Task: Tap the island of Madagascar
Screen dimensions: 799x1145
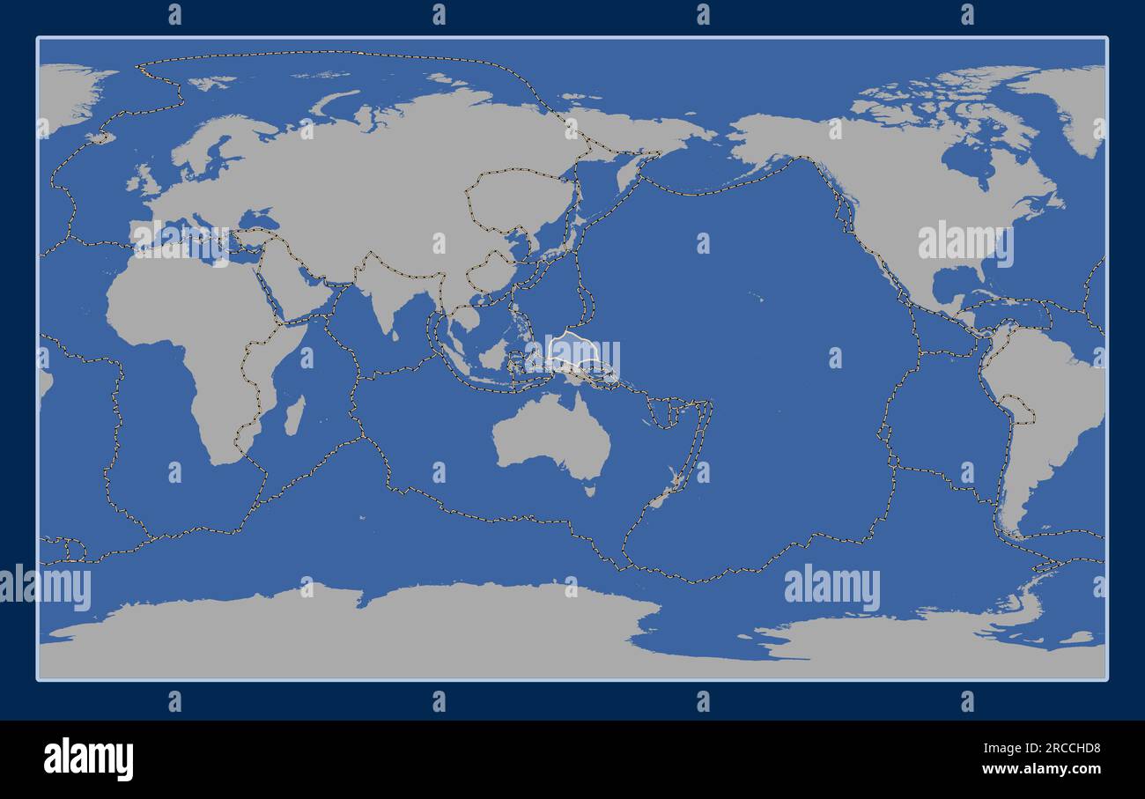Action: pos(294,415)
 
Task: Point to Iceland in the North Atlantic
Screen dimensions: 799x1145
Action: pos(100,137)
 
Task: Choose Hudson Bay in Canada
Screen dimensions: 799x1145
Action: pos(965,163)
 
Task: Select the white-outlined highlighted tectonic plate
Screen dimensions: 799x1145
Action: pos(577,351)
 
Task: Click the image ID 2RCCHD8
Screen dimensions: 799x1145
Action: pos(1068,749)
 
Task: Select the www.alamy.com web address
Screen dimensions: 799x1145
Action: pos(1040,769)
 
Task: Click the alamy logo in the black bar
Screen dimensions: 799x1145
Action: pos(88,758)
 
